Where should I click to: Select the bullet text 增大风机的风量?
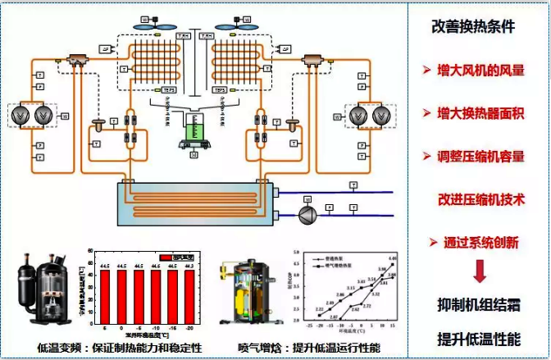click(480, 69)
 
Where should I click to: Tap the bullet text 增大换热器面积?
click(480, 112)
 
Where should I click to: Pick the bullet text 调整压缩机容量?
click(480, 156)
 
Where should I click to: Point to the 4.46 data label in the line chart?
click(392, 258)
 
